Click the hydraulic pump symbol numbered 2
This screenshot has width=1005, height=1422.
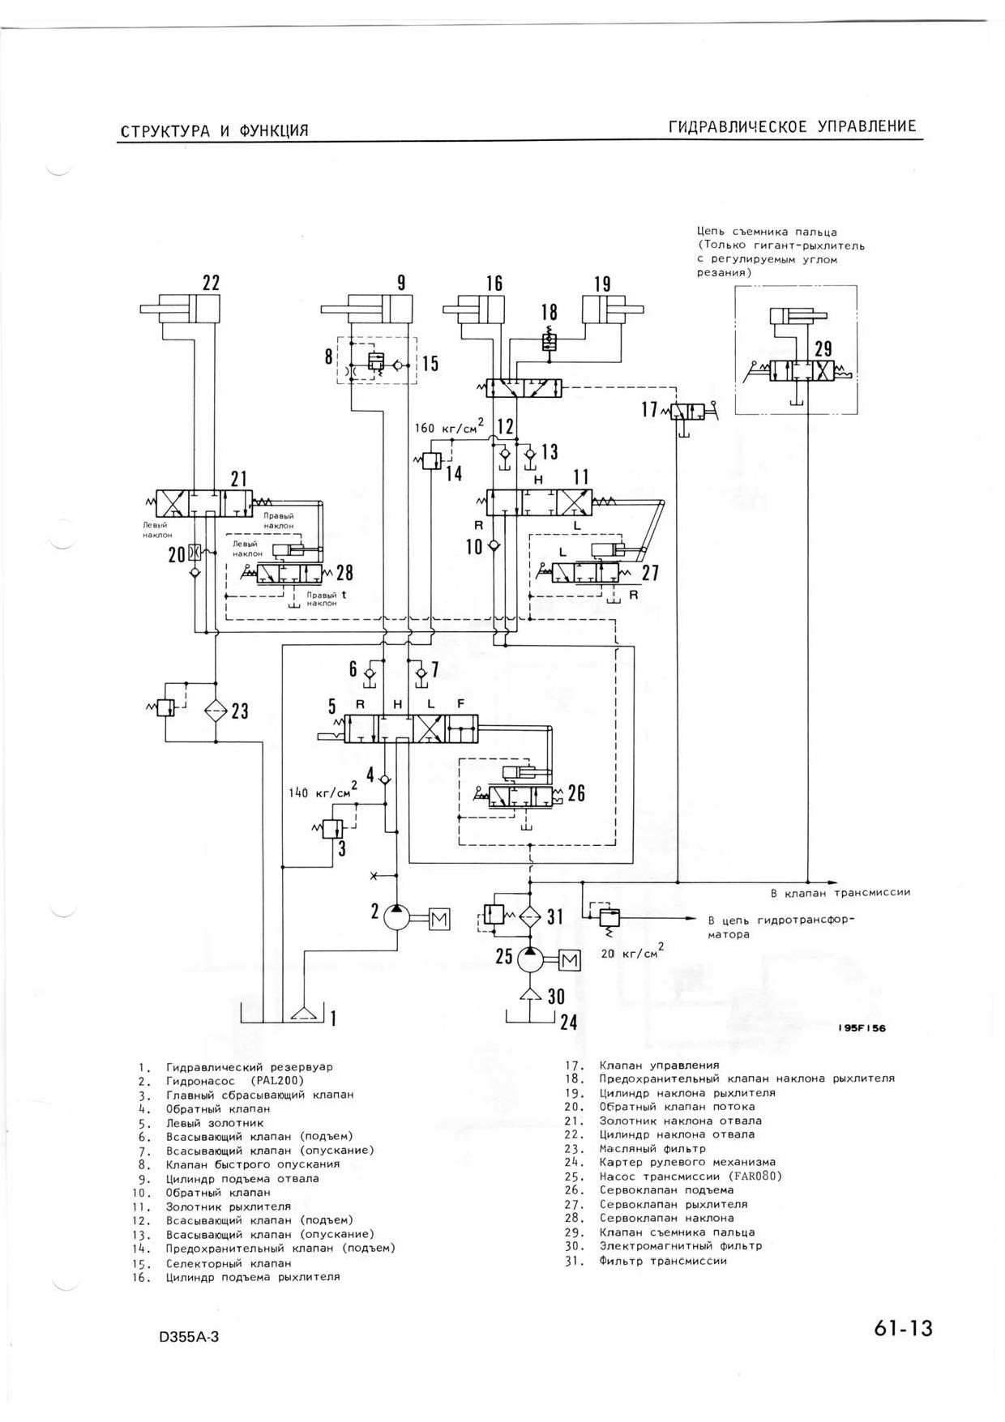click(x=396, y=917)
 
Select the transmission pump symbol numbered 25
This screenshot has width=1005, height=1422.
click(x=529, y=959)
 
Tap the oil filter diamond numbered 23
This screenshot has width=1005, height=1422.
click(x=216, y=710)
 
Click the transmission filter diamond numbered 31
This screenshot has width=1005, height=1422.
click(x=530, y=916)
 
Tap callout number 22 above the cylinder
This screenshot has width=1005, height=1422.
click(x=211, y=283)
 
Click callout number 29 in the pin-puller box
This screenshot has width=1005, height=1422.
click(x=823, y=349)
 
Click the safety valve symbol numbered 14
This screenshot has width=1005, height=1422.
click(x=432, y=461)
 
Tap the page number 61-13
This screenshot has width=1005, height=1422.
click(x=904, y=1329)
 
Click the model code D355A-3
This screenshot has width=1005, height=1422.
click(x=190, y=1336)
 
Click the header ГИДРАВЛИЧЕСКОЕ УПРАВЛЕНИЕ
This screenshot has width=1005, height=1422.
click(x=792, y=126)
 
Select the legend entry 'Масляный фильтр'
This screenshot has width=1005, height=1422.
click(x=652, y=1148)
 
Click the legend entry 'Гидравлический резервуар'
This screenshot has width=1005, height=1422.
click(x=250, y=1067)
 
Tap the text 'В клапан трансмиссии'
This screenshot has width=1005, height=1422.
click(x=840, y=892)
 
